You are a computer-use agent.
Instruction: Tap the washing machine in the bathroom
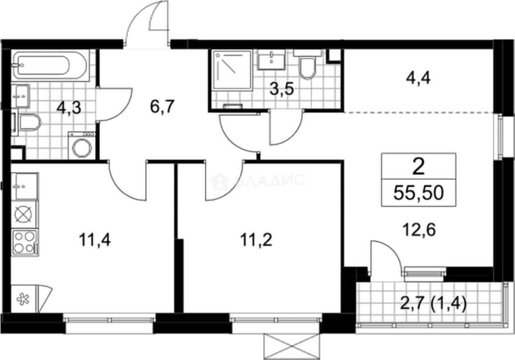pos(82,145)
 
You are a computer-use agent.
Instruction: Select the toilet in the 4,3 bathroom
pos(26,123)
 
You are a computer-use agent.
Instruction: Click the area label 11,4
pos(95,239)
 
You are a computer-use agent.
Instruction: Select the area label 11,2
pos(256,239)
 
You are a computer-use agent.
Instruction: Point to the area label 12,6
pos(419,230)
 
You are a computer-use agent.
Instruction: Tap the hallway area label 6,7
pos(162,106)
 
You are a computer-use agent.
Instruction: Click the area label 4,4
pos(418,78)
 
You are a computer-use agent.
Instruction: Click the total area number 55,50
pos(418,193)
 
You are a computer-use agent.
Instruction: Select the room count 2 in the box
pos(418,167)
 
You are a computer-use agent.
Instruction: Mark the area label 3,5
pos(282,89)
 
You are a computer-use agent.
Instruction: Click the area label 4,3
pos(69,108)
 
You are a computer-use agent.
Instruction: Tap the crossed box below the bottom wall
pos(292,347)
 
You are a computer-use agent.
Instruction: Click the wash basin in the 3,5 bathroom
pos(271,59)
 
